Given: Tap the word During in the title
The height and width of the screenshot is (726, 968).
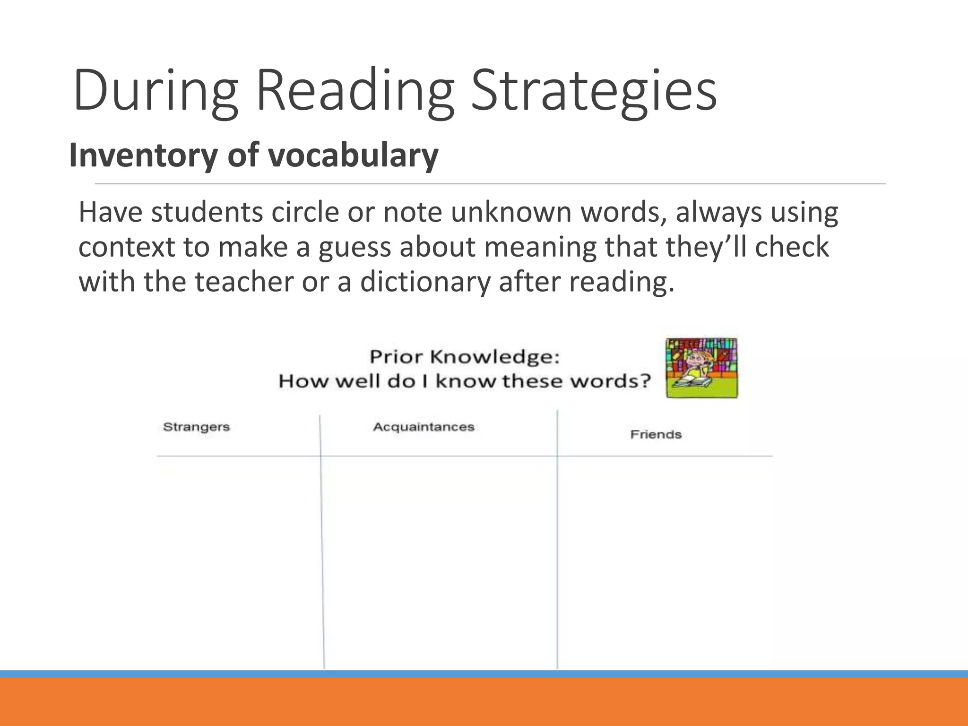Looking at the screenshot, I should (156, 90).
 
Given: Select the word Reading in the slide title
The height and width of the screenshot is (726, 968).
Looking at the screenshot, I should (354, 90).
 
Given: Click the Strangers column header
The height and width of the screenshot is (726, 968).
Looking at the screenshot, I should (196, 427).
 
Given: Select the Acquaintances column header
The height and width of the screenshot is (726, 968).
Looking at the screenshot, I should (423, 427).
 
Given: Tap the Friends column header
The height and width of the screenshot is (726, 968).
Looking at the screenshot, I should (656, 435).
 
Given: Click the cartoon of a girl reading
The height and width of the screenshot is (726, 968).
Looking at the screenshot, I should (701, 368).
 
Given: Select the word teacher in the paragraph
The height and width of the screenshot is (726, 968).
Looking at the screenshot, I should (244, 282).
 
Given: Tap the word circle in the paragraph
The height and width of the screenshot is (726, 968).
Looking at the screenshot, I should (305, 212).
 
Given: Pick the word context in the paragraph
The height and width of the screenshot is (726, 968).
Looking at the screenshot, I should (127, 247).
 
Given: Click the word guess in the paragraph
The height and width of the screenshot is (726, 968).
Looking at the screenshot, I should (355, 247).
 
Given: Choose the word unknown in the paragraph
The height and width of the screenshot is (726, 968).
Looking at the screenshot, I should (511, 212).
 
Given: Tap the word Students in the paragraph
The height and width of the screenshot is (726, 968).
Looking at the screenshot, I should (207, 212).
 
